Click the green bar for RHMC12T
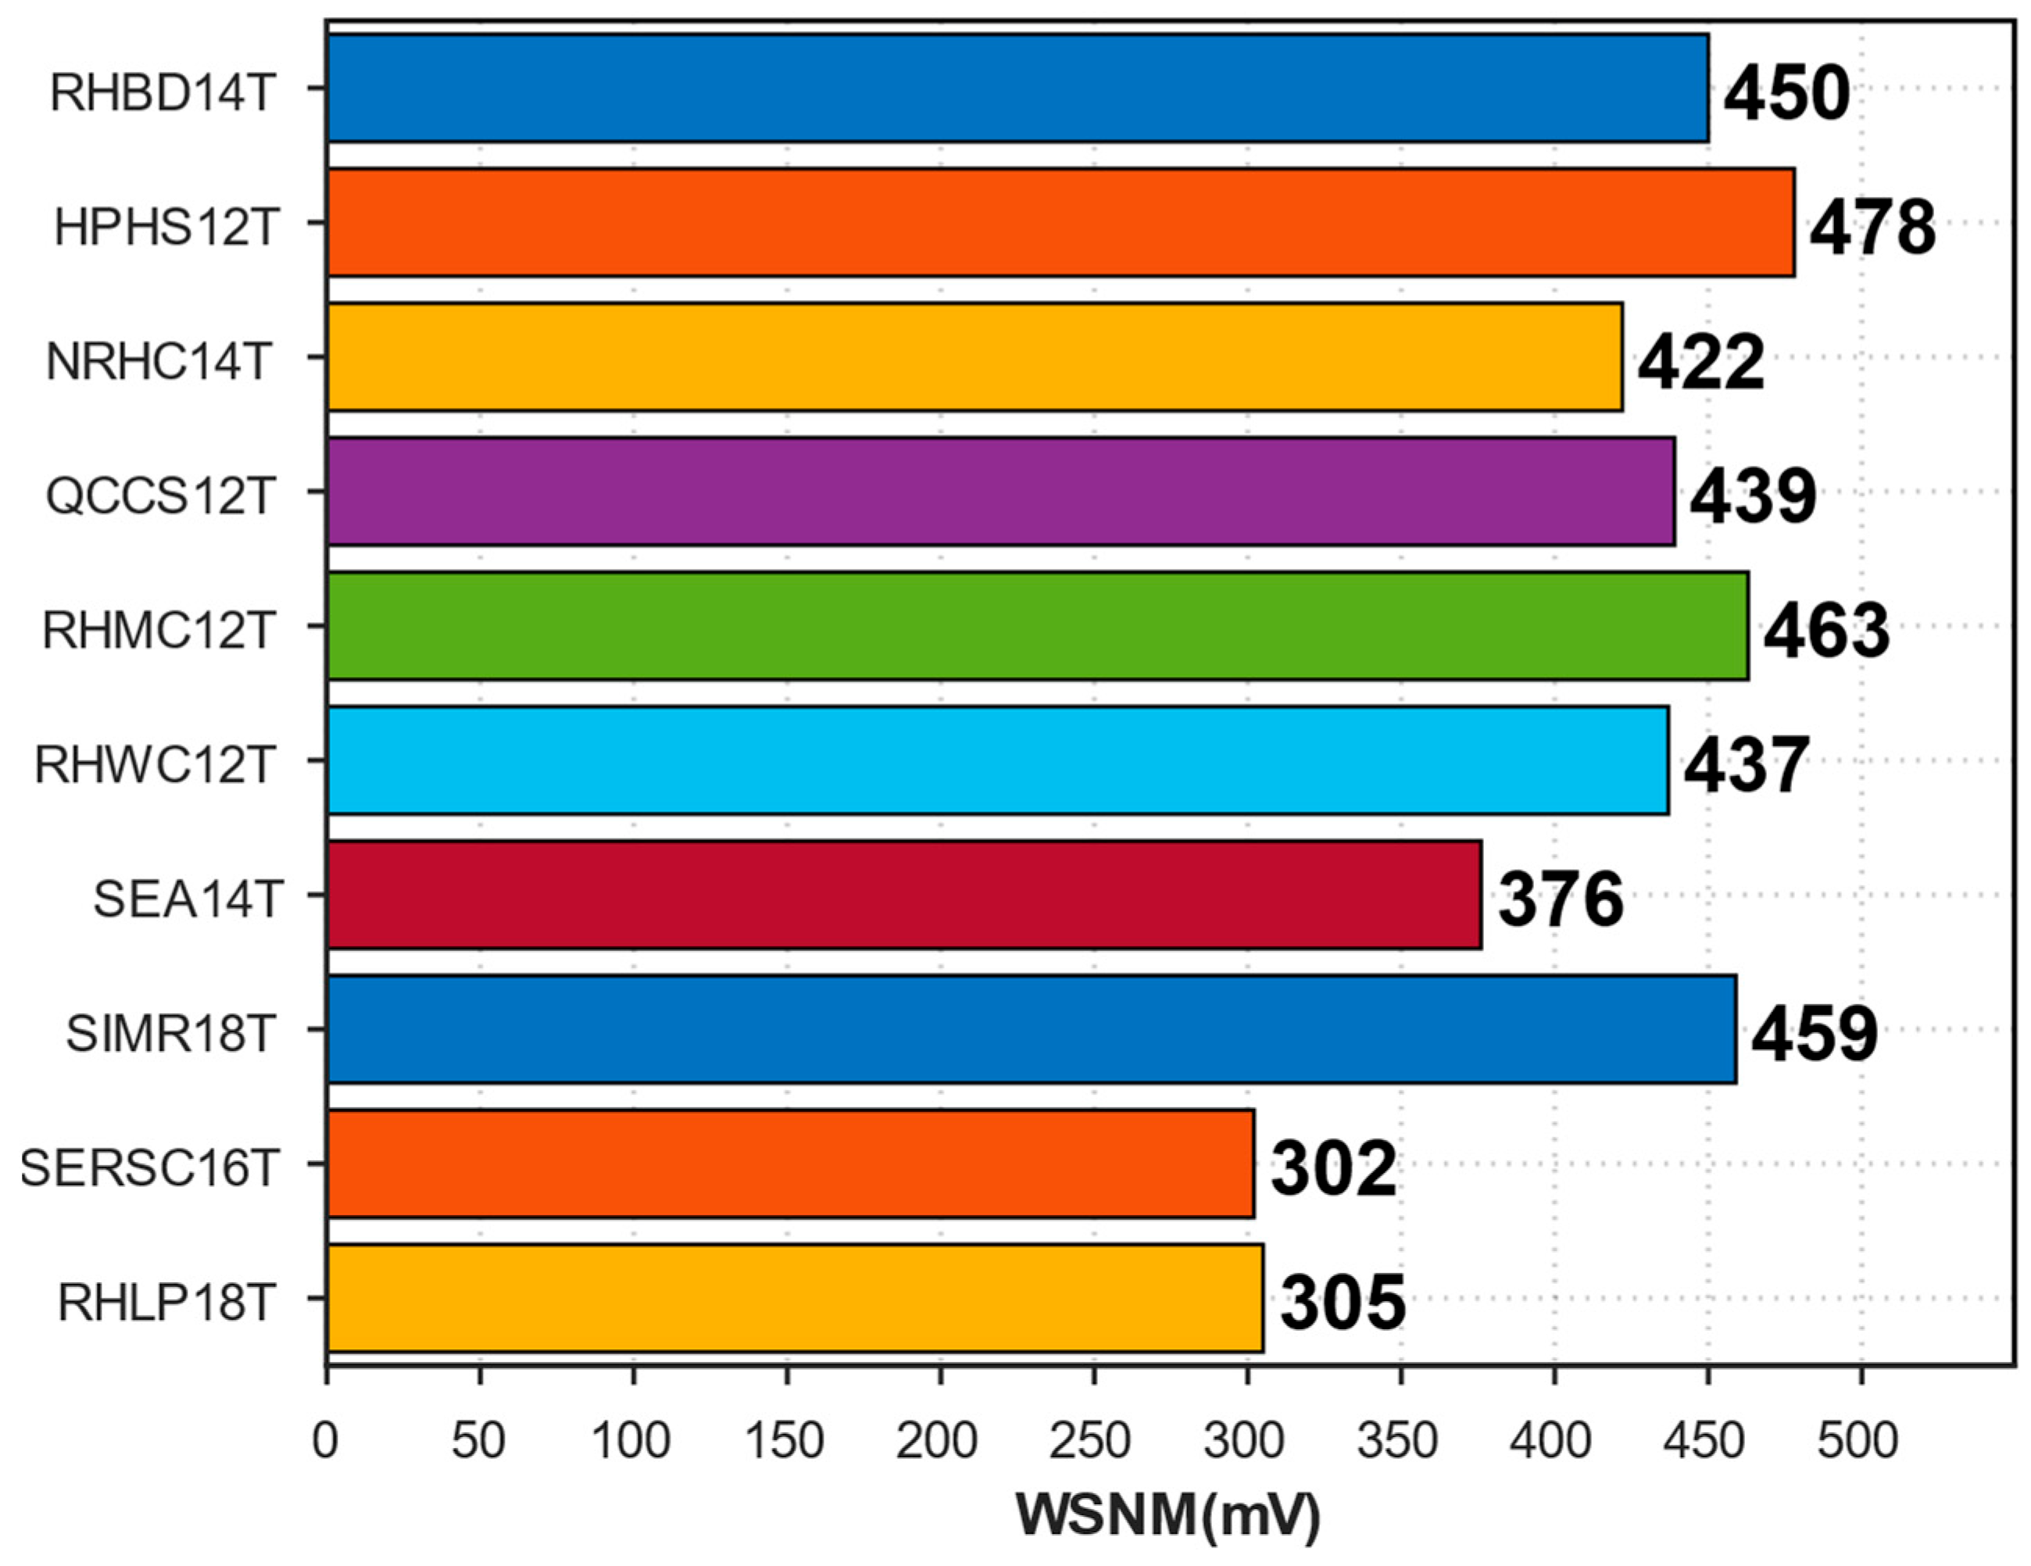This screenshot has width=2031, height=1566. [1037, 626]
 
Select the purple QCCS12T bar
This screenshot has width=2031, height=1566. [1000, 491]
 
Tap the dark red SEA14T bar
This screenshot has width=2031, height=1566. [904, 895]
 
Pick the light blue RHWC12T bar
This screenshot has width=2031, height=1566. [997, 760]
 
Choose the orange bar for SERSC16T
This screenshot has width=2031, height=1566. [791, 1164]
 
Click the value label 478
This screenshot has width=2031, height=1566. [1872, 228]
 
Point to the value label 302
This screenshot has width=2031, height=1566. [1332, 1169]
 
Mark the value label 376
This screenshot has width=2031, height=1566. [1561, 899]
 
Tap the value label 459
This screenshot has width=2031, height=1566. [1815, 1034]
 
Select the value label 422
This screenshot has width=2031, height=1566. [1700, 363]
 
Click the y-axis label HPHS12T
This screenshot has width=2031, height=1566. [166, 226]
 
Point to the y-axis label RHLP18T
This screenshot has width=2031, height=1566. [166, 1302]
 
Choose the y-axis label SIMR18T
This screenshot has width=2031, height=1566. [170, 1033]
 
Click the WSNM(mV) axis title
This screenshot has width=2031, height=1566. [1168, 1516]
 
